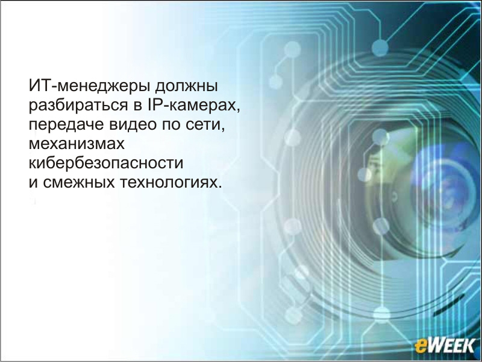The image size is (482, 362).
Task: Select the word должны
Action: point(186,86)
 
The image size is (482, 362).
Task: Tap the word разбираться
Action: point(78,106)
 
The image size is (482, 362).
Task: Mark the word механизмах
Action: point(77,144)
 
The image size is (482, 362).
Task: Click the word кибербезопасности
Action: point(106,162)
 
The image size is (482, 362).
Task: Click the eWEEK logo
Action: point(444,346)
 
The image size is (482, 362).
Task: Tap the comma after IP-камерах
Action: point(238,111)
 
